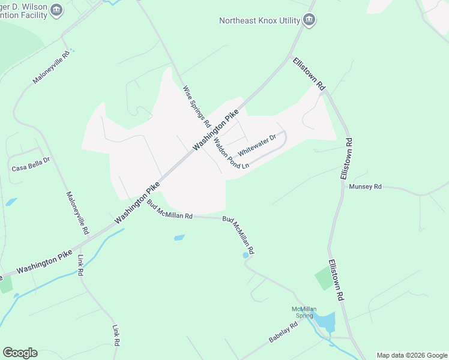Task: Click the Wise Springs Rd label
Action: (197, 106)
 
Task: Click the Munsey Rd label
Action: (365, 187)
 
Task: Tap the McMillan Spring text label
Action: (304, 312)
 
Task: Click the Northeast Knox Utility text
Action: (259, 20)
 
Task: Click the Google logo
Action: (20, 353)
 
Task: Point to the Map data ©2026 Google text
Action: (412, 355)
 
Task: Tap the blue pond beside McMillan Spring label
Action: (326, 321)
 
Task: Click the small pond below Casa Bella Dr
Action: (11, 202)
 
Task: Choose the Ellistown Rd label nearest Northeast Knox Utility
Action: (309, 74)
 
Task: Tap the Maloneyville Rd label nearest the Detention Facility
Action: (52, 67)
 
